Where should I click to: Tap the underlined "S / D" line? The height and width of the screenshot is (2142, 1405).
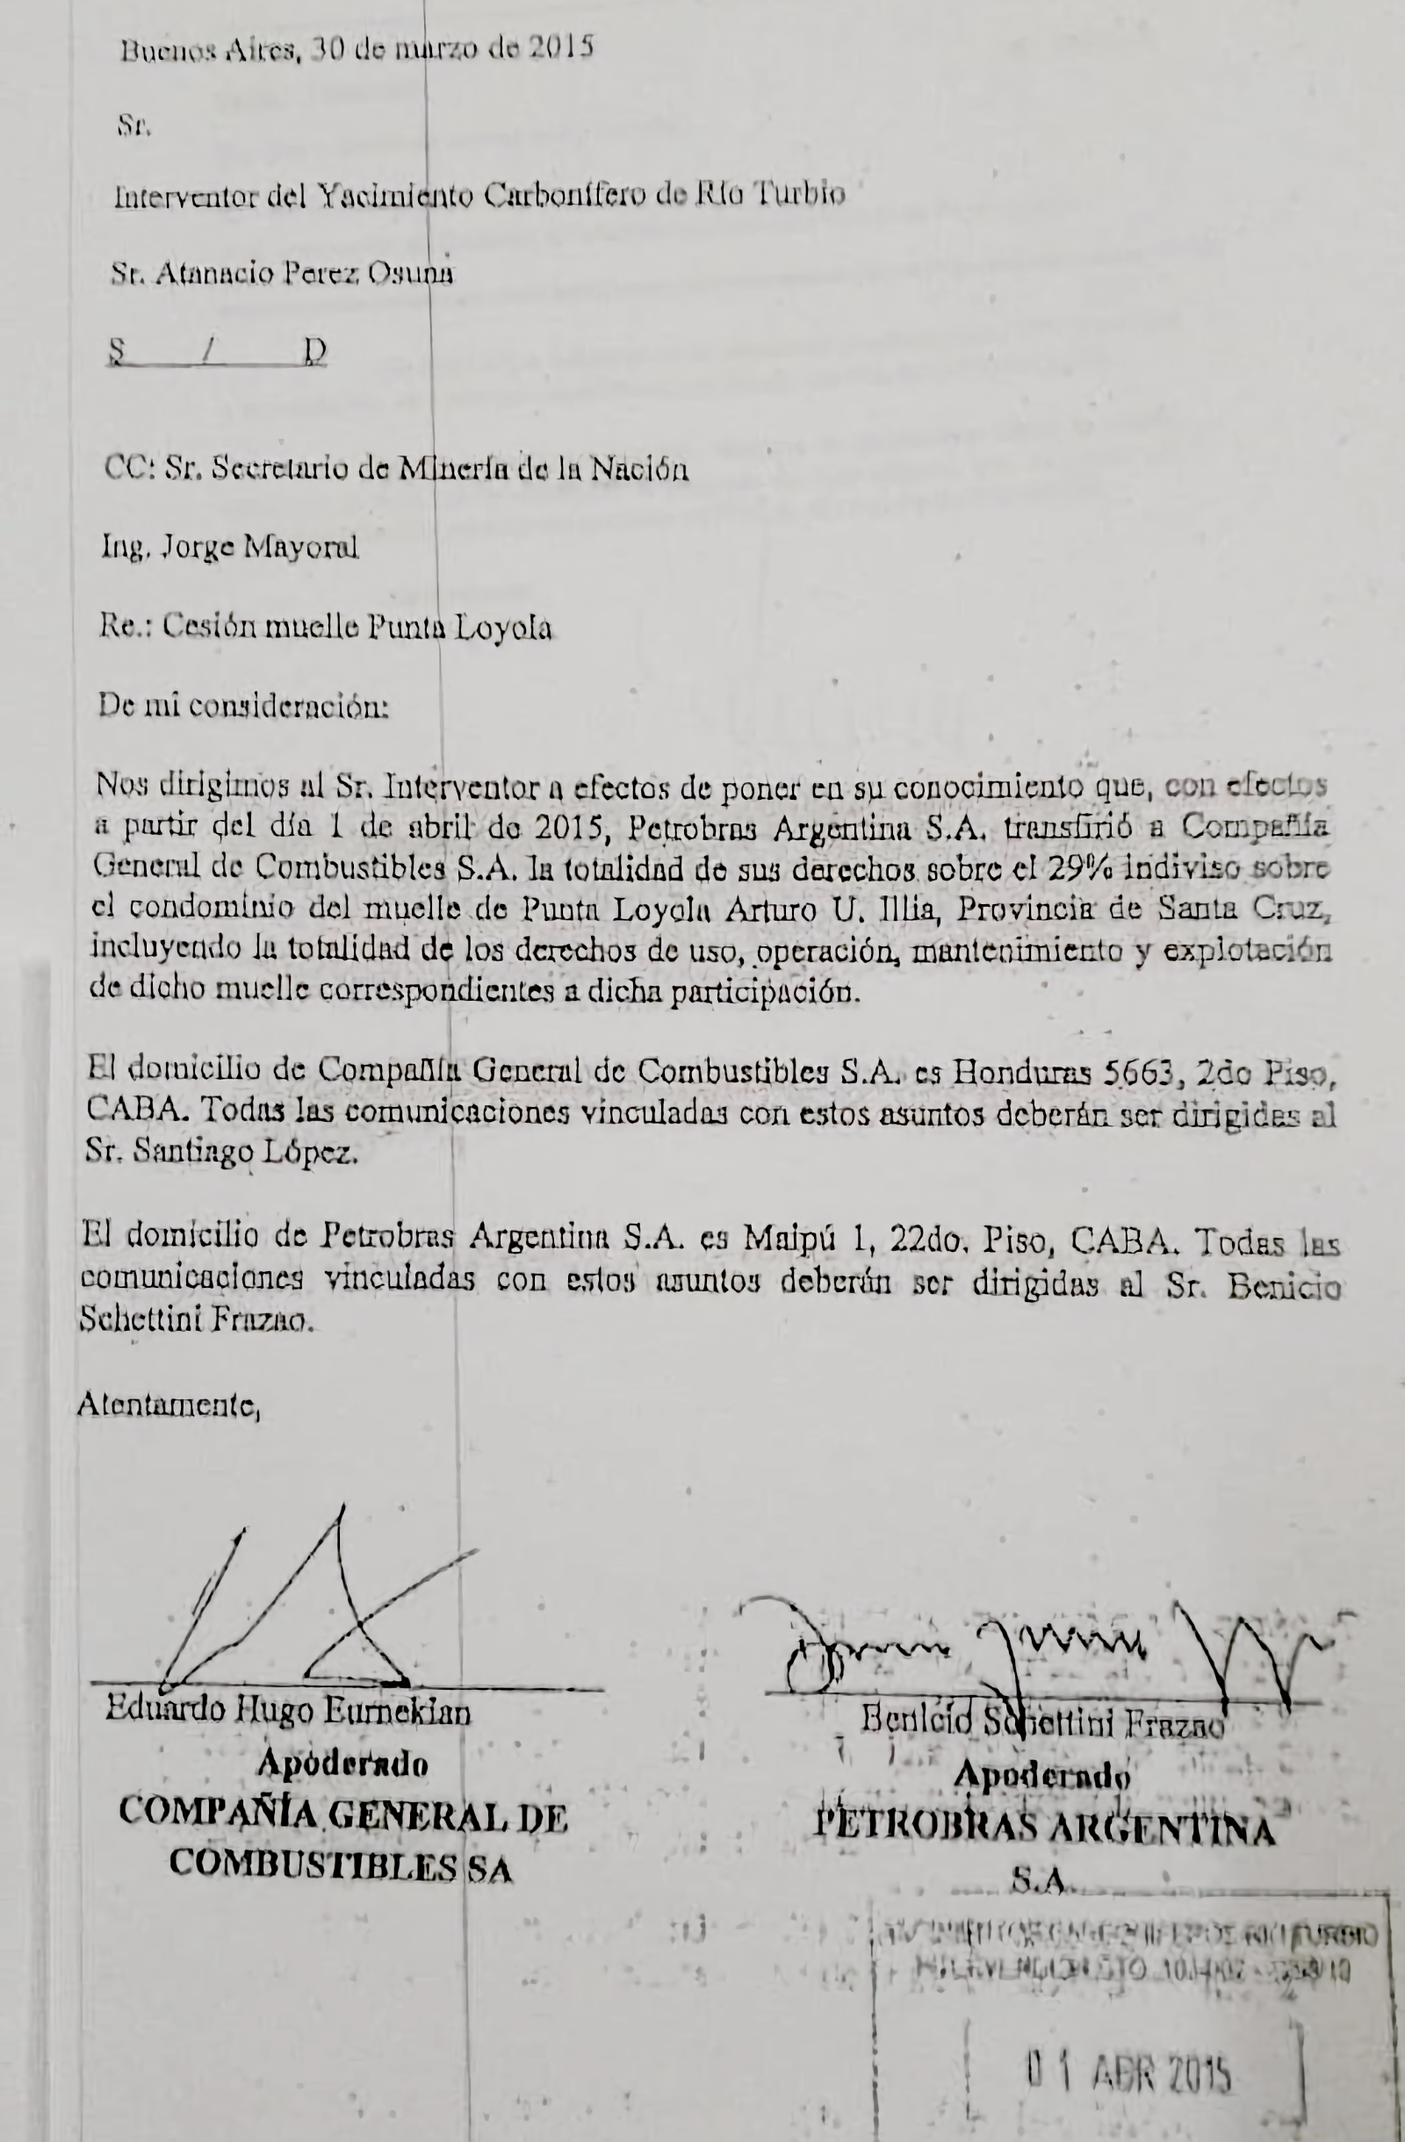point(216,352)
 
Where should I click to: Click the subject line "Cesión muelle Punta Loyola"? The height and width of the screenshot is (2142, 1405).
point(357,628)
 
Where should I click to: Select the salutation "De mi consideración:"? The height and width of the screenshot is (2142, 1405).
point(243,707)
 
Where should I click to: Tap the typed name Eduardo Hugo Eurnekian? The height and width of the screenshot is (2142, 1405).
point(288,1710)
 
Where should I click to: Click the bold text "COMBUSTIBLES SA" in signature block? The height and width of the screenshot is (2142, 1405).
point(340,1867)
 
